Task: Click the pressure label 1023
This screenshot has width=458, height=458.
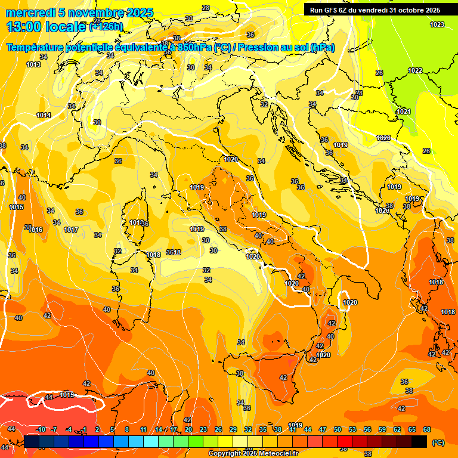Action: (437, 24)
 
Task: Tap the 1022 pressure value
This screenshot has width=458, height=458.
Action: (415, 71)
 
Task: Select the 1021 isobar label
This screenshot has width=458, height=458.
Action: (404, 112)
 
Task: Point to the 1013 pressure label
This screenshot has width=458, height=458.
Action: (33, 64)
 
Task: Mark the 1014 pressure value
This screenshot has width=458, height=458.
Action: (44, 115)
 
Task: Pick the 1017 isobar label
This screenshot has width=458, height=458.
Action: (71, 230)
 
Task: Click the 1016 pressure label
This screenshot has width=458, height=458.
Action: (36, 230)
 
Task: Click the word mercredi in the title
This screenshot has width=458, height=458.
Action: (28, 13)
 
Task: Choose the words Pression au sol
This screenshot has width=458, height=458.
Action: (271, 48)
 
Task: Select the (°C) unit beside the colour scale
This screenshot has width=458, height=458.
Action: (438, 442)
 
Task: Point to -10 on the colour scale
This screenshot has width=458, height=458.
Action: (41, 429)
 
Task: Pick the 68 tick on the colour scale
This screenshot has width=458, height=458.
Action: (427, 429)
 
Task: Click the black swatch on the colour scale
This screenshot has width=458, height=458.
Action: (419, 441)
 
